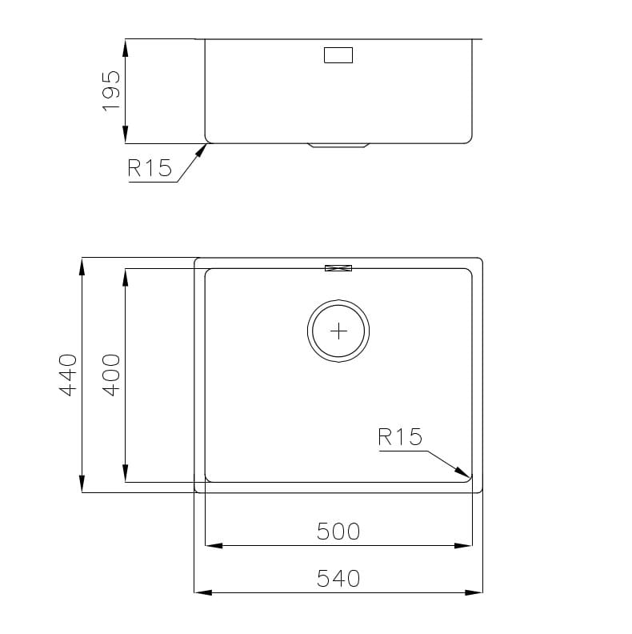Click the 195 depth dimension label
pyautogui.click(x=111, y=91)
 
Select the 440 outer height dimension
pyautogui.click(x=68, y=375)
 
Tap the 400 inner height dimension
pyautogui.click(x=111, y=375)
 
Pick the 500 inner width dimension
pyautogui.click(x=338, y=532)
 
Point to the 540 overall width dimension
pyautogui.click(x=338, y=578)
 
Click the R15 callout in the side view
pyautogui.click(x=150, y=168)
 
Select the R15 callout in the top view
pyautogui.click(x=400, y=437)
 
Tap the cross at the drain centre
pyautogui.click(x=338, y=331)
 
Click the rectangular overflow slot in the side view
pyautogui.click(x=338, y=55)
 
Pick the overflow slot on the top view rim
pyautogui.click(x=338, y=268)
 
